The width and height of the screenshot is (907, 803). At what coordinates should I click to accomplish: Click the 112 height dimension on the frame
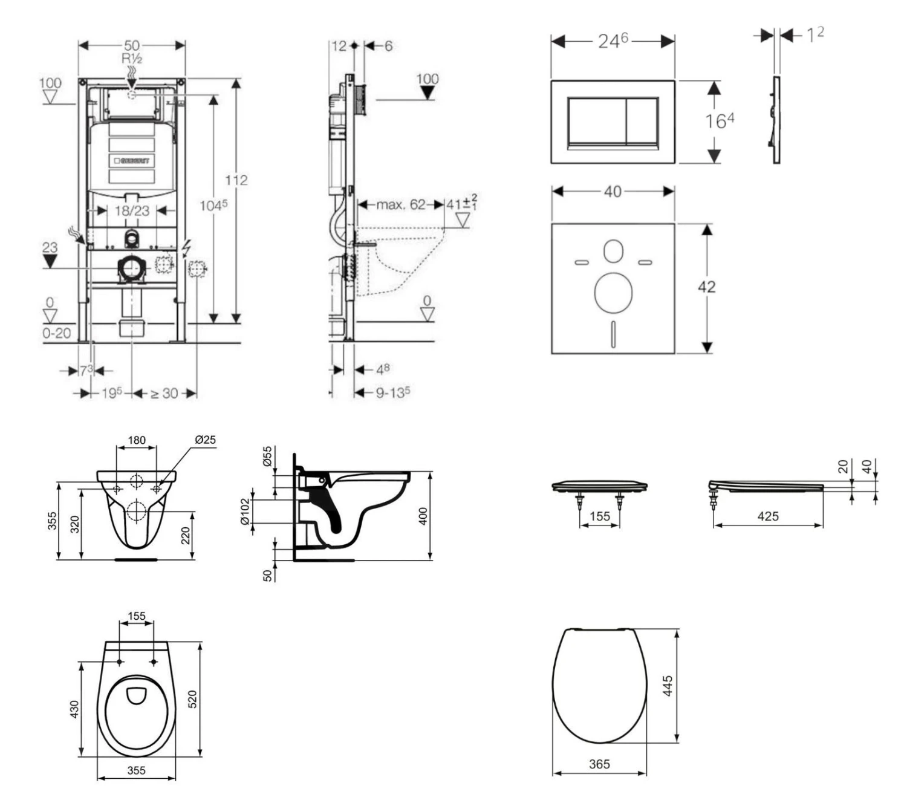236,180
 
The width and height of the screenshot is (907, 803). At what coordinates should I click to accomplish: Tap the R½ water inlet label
132,59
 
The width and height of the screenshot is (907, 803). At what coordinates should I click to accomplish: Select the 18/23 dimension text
132,210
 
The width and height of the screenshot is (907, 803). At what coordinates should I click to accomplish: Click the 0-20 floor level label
57,333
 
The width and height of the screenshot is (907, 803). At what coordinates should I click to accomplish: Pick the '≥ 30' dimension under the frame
164,394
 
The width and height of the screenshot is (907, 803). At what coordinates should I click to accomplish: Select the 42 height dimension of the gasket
706,287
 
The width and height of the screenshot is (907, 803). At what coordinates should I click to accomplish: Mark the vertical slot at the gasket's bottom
614,334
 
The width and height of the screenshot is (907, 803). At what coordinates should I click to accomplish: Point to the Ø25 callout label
205,440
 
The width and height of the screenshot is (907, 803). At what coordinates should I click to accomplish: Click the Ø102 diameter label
245,512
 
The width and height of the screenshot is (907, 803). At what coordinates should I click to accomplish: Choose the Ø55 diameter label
267,456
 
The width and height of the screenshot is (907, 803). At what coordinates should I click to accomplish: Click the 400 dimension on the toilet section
423,516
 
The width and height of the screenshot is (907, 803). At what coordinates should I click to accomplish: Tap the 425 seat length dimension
768,516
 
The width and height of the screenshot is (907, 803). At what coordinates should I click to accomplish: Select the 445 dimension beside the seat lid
668,686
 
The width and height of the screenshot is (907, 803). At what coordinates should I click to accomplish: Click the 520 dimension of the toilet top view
193,700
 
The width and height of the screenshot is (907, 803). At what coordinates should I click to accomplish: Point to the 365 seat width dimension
599,764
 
